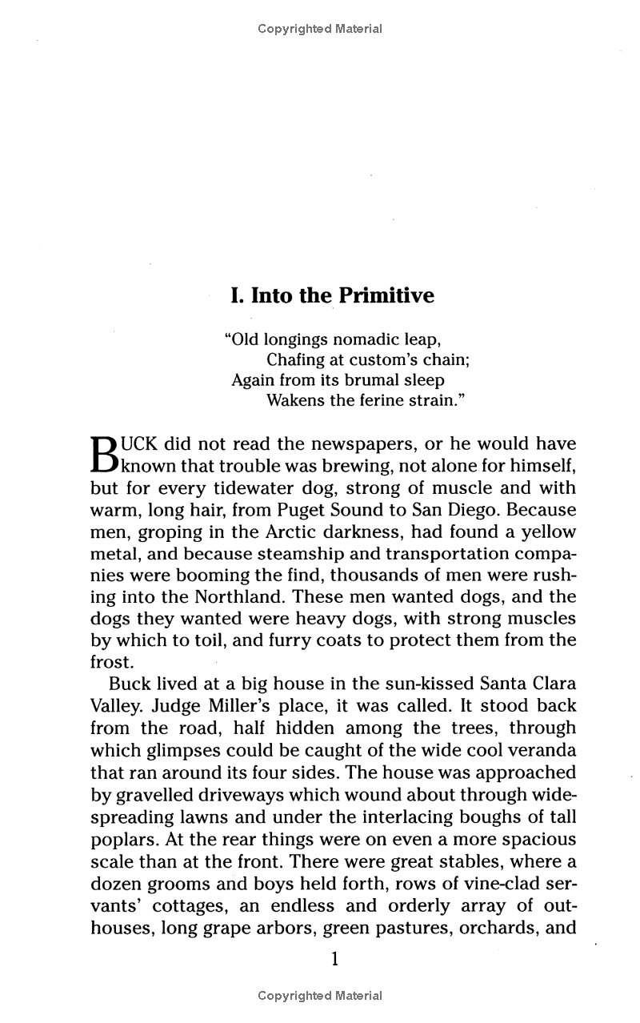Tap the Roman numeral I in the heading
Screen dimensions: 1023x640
pyautogui.click(x=235, y=296)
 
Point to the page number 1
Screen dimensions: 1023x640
pyautogui.click(x=335, y=958)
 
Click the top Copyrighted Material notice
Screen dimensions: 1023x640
pyautogui.click(x=320, y=29)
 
